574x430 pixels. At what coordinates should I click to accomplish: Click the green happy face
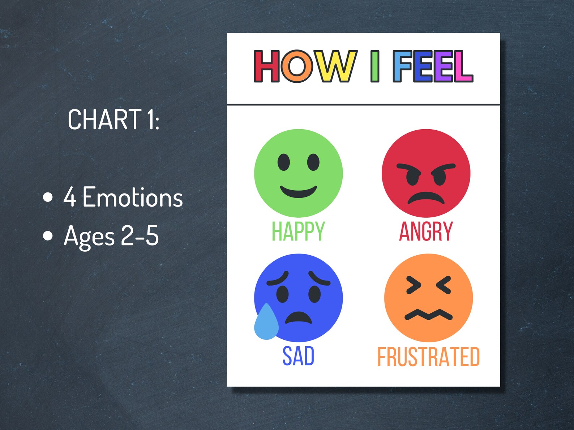tap(298, 173)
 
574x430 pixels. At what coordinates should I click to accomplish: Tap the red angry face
tap(426, 173)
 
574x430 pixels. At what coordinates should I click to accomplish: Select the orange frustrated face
tap(428, 297)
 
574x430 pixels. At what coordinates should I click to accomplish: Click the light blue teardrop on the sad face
tap(266, 323)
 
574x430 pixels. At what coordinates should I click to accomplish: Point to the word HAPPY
tap(298, 231)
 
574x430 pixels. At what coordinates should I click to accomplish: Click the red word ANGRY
tap(426, 231)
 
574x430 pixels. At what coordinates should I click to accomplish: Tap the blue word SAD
tap(298, 356)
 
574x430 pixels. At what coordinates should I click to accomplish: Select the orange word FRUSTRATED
tap(428, 357)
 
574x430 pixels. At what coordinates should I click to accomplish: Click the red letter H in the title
tap(266, 66)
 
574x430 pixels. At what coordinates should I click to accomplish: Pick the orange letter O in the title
tap(296, 66)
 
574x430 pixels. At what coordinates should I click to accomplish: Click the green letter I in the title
tap(375, 66)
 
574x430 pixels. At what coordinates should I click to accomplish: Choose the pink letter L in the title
tap(463, 66)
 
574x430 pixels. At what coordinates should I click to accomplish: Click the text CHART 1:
tap(113, 120)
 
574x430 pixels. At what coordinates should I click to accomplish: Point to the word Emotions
tap(133, 197)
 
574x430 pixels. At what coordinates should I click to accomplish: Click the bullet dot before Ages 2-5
tap(48, 236)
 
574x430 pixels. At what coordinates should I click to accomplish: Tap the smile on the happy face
tap(298, 191)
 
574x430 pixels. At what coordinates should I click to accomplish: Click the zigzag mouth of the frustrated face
tap(428, 315)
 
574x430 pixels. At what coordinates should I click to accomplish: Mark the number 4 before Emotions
tap(70, 197)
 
